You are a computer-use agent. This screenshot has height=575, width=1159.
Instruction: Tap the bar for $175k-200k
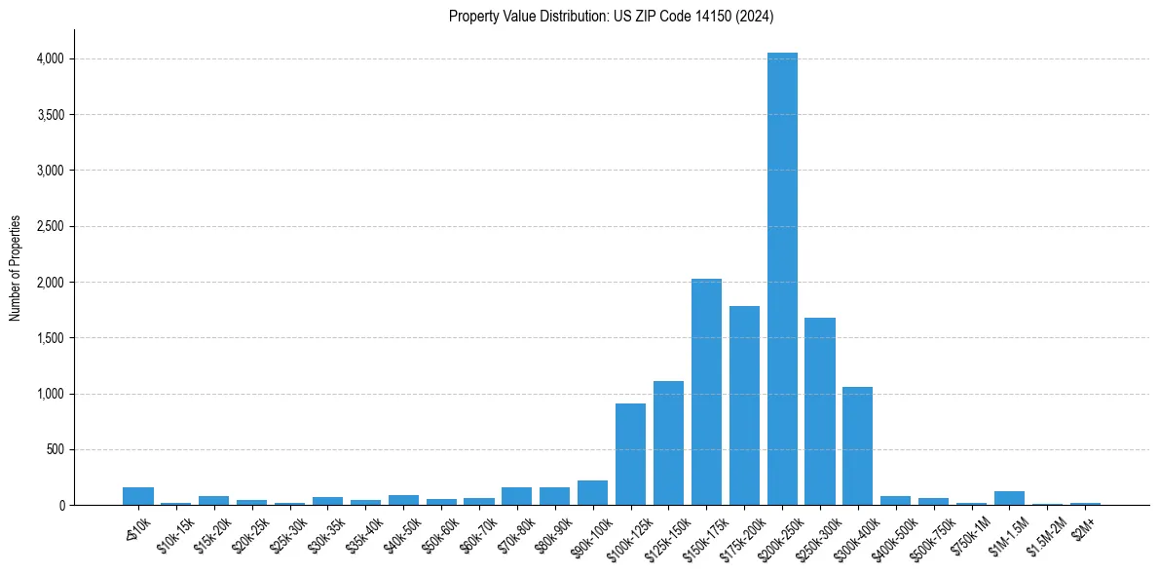744,405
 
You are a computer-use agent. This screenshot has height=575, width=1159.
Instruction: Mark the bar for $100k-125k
630,454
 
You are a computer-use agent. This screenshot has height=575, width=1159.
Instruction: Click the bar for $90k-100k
592,493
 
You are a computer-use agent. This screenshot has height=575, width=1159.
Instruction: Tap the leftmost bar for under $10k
138,496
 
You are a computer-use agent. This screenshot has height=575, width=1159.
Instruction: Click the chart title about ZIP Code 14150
611,16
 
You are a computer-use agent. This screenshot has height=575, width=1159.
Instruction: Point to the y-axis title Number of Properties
16,268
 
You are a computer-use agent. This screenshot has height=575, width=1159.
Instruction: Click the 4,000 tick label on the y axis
49,58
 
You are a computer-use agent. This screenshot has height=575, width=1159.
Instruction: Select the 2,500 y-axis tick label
49,226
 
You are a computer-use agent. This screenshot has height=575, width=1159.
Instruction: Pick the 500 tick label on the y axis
55,449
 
